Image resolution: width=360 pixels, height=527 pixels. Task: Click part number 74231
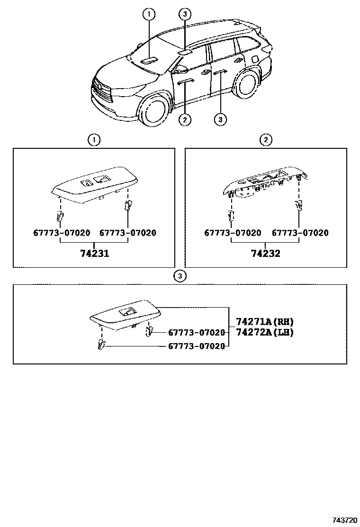click(x=95, y=253)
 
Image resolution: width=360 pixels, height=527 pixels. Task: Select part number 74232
click(x=266, y=253)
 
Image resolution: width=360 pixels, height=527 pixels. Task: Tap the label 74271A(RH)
click(x=265, y=322)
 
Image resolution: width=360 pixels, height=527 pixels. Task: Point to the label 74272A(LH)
click(x=265, y=332)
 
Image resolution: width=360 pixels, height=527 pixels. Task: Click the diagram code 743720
click(x=344, y=520)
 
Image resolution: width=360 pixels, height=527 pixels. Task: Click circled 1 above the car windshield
click(x=149, y=14)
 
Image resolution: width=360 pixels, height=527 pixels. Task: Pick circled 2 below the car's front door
click(x=185, y=119)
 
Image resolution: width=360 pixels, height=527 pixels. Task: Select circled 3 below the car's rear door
click(x=220, y=119)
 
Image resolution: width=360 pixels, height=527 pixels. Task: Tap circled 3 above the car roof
click(x=185, y=14)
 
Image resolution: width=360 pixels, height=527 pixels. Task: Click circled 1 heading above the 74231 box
click(x=94, y=139)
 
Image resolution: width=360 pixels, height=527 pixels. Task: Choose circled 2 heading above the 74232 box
click(x=266, y=139)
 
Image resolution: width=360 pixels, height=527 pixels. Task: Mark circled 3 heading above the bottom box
click(x=180, y=276)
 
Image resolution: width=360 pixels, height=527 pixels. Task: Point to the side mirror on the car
click(x=179, y=70)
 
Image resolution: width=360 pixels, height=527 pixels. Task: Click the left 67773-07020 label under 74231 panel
click(x=62, y=233)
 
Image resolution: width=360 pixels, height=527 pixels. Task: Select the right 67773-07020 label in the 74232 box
click(x=300, y=233)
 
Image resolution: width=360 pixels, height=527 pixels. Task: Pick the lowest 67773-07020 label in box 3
click(x=197, y=346)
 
